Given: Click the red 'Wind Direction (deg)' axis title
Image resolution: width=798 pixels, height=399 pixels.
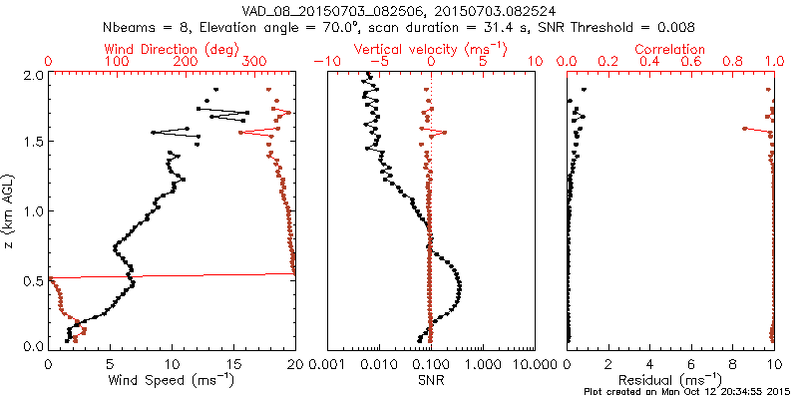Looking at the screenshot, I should [x=172, y=48].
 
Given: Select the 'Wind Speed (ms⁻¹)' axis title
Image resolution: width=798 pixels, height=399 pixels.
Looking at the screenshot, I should [x=172, y=380].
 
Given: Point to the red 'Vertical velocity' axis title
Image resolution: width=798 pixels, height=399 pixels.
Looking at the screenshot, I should [x=430, y=48].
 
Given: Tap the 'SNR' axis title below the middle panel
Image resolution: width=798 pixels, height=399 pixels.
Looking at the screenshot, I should [x=430, y=380].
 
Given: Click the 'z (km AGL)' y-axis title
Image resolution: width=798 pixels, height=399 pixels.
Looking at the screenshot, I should [x=12, y=209].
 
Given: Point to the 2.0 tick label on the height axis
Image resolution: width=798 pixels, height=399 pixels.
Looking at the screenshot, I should [x=33, y=75].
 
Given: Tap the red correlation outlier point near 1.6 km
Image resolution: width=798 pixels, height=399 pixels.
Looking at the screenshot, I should [x=745, y=128].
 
